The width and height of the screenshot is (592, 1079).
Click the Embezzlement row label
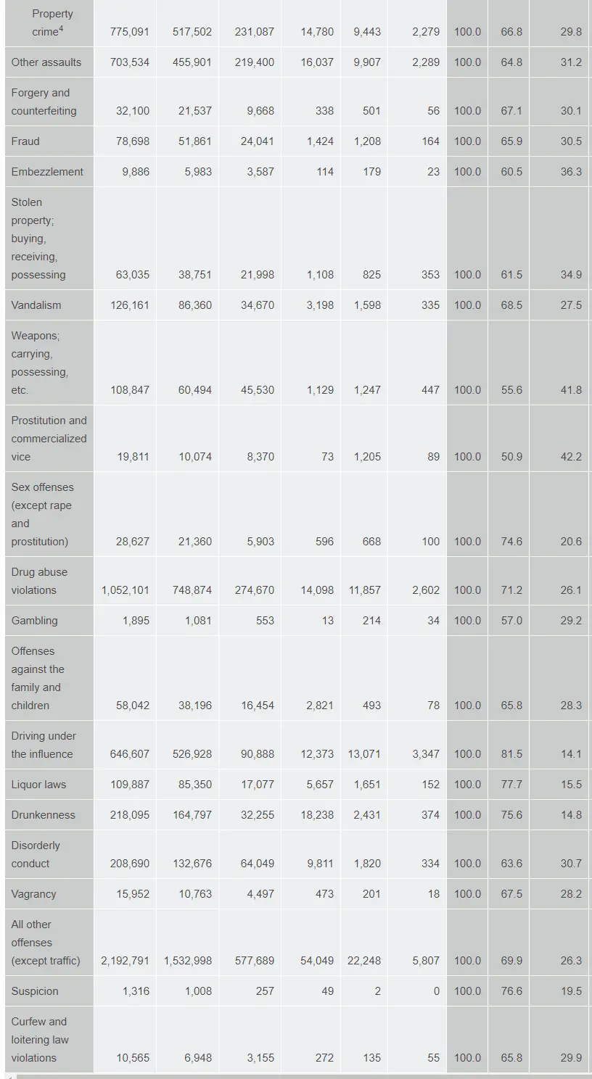point(47,172)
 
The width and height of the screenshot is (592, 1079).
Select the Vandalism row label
point(36,305)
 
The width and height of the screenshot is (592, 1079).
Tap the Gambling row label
point(34,621)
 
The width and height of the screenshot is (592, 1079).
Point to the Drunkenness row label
point(43,815)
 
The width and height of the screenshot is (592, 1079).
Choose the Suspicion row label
point(35,991)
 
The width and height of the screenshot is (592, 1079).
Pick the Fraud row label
point(25,141)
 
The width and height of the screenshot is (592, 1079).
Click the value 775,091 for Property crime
point(130,32)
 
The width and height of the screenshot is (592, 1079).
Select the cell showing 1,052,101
point(126,590)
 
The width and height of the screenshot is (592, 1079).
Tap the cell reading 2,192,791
point(126,961)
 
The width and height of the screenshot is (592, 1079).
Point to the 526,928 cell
point(192,754)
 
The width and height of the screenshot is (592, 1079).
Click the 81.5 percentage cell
point(511,754)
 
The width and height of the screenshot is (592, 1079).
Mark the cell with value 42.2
point(571,457)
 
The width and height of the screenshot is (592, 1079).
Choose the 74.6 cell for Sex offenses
point(511,542)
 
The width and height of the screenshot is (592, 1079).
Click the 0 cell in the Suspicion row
point(436,991)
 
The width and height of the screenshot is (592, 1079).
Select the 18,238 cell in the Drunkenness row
point(317,815)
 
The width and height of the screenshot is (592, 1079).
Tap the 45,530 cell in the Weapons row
point(258,390)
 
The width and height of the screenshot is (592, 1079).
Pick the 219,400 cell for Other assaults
point(255,62)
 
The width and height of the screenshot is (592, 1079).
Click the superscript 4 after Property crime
point(62,29)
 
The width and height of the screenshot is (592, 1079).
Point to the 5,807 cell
point(426,961)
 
